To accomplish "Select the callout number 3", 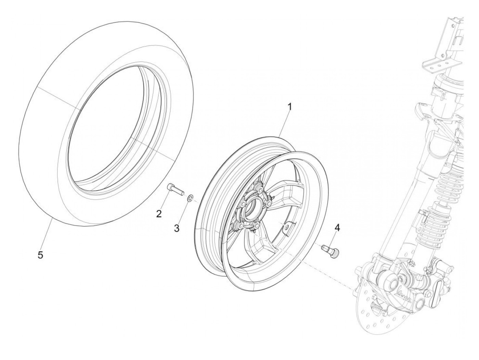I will pos(177,228).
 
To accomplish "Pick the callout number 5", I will pos(40,255).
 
